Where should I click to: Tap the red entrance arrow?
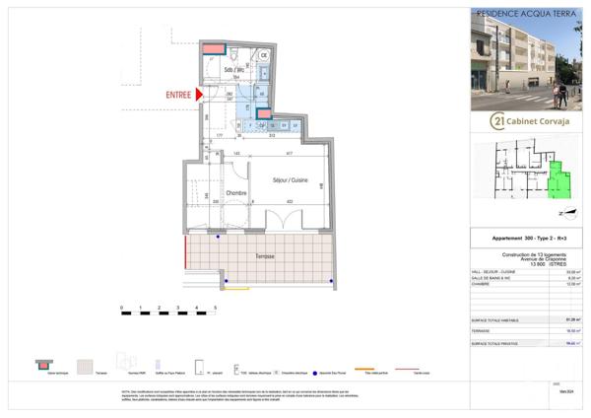pyautogui.click(x=200, y=94)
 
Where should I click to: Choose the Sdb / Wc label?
pyautogui.click(x=233, y=72)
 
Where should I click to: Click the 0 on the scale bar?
pyautogui.click(x=122, y=309)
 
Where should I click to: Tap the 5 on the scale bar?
pyautogui.click(x=215, y=309)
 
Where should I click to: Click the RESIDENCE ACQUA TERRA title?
pyautogui.click(x=520, y=14)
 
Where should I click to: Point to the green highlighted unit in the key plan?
pyautogui.click(x=559, y=179)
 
